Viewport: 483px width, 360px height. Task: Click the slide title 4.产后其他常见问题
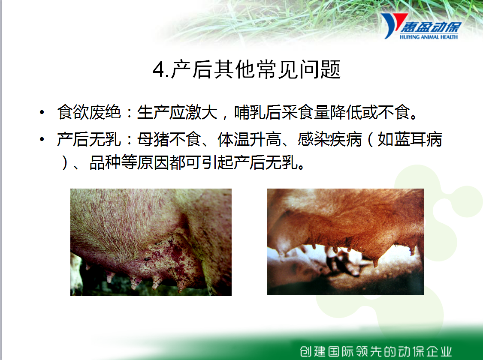246,69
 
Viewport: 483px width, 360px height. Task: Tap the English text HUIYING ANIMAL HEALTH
429,37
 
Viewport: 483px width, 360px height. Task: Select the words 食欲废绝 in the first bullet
89,112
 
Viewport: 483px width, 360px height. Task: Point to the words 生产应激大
178,112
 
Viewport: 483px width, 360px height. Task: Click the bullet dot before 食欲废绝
42,112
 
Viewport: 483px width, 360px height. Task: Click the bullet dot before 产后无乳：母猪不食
42,140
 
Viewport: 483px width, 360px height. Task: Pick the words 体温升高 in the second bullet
249,139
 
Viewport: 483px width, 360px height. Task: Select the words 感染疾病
329,139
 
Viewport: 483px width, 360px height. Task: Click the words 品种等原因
130,162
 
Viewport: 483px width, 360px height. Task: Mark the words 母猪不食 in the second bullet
169,139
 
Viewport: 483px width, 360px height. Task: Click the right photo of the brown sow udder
345,242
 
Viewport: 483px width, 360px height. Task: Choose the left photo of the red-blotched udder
151,243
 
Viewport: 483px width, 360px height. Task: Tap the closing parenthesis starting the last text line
64,162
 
